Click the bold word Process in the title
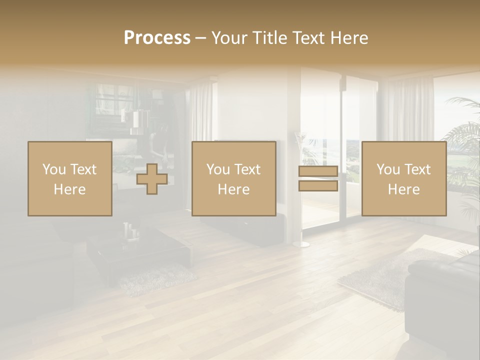click(x=157, y=38)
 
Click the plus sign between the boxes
click(x=152, y=179)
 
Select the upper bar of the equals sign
click(x=318, y=171)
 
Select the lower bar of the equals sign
click(x=318, y=186)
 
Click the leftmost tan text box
click(x=70, y=179)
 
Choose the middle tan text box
click(x=234, y=179)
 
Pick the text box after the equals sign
click(x=404, y=179)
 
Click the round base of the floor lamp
click(x=301, y=244)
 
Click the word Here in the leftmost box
click(x=70, y=189)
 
